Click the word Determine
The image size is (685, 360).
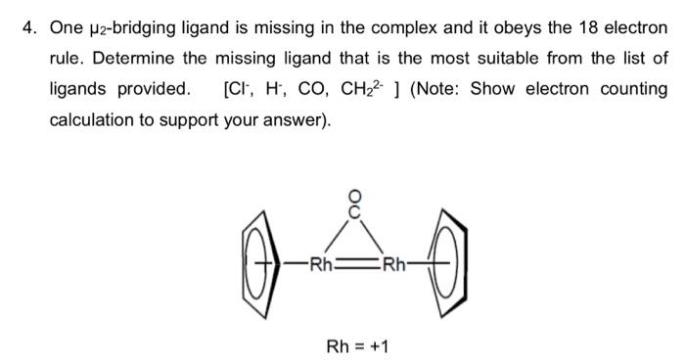132,58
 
